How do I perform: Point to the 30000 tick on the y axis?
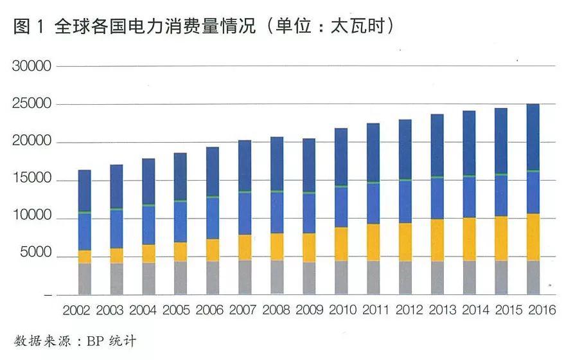[33, 66]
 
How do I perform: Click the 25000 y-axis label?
[33, 104]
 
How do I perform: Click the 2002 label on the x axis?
[77, 310]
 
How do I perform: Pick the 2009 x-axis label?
[310, 310]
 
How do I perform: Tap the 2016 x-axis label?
[542, 310]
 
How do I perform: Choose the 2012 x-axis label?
[409, 310]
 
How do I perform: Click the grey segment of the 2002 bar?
[85, 279]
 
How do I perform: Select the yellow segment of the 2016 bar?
[533, 237]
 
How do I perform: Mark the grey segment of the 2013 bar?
[437, 278]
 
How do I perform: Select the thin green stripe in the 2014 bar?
[469, 175]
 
